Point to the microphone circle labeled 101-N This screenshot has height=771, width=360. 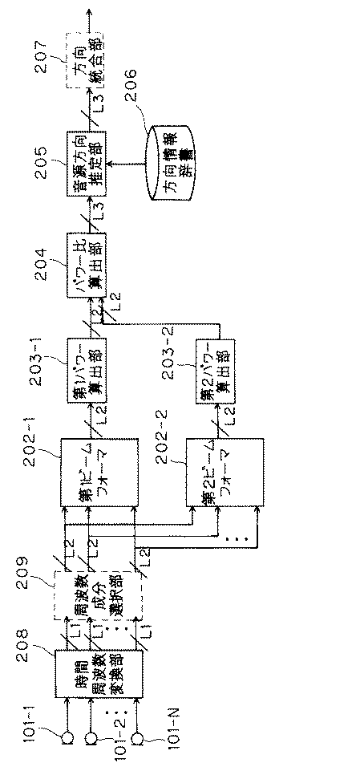point(139,736)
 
